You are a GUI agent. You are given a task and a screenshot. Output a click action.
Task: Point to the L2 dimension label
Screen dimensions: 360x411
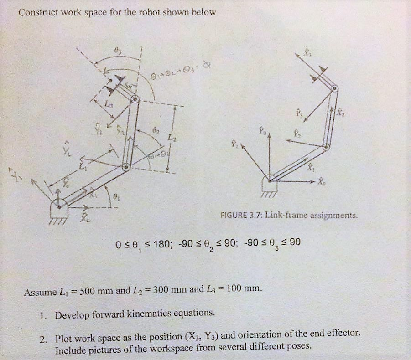point(170,136)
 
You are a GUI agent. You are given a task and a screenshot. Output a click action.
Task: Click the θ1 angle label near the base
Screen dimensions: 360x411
point(117,197)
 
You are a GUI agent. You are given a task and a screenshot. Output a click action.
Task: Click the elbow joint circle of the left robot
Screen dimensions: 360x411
point(125,167)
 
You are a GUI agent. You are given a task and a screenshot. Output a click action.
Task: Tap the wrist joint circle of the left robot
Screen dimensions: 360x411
point(135,99)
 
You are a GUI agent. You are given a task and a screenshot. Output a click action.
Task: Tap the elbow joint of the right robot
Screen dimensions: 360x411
point(326,147)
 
